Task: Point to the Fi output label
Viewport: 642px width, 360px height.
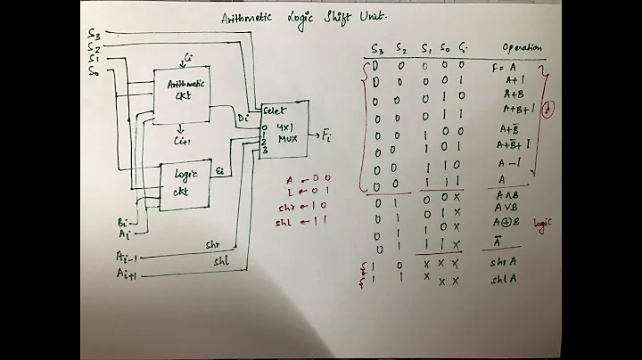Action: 325,135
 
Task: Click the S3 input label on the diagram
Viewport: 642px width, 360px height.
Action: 94,33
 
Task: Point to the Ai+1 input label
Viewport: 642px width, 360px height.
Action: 128,275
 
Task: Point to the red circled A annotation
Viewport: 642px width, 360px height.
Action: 550,109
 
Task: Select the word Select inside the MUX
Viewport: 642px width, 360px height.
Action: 274,110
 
